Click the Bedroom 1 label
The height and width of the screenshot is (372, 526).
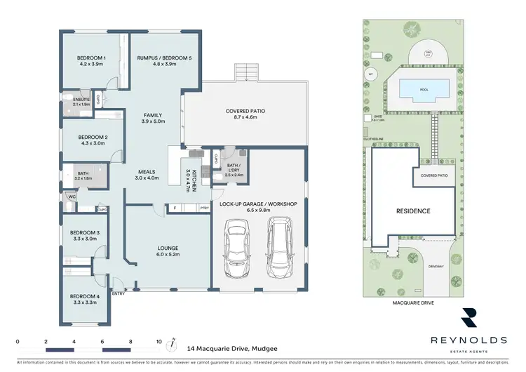(91, 58)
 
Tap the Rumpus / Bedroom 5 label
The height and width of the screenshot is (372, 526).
(154, 58)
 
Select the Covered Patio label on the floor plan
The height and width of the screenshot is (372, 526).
(245, 111)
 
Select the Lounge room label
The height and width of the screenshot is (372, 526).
(167, 248)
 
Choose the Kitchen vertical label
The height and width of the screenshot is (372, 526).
(188, 181)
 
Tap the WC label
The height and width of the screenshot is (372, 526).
(72, 197)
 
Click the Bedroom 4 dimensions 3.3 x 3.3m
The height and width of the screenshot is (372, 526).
(84, 303)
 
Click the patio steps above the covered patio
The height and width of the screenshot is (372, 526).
(244, 72)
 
